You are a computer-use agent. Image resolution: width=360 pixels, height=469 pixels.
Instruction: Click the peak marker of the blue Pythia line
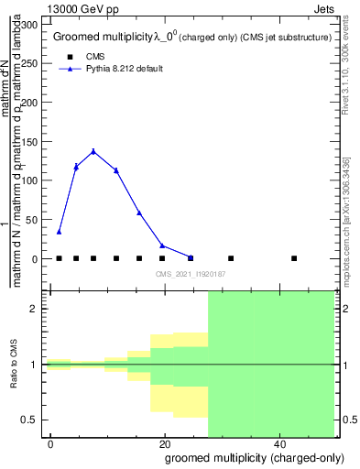(93, 151)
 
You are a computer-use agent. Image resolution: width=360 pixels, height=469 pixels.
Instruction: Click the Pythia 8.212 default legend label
(124, 69)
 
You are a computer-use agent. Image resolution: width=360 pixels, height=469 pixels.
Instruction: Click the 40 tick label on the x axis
(278, 444)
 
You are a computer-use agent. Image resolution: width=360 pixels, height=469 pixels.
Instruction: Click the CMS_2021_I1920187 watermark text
(191, 274)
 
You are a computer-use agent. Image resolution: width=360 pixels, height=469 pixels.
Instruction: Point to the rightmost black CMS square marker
(294, 258)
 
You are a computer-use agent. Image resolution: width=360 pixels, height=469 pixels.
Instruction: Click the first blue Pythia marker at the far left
(59, 232)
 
